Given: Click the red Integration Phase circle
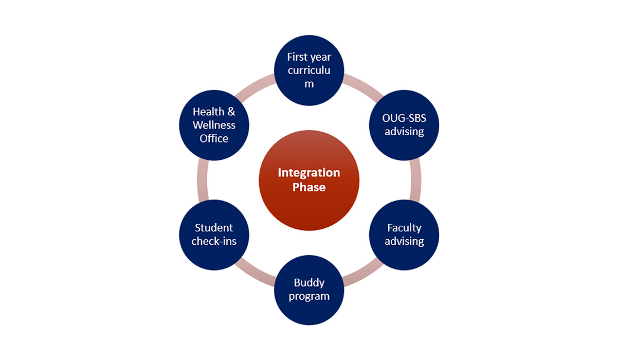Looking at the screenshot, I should (308, 181).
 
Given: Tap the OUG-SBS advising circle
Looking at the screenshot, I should (404, 125).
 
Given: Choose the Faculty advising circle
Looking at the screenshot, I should (404, 235).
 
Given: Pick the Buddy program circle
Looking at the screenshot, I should (308, 290).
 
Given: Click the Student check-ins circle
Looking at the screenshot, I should (214, 235).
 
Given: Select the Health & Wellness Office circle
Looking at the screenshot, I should (214, 125).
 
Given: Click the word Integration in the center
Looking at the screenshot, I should (308, 173).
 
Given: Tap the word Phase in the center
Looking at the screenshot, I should (308, 187).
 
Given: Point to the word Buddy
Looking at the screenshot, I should (309, 283).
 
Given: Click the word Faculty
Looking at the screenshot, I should (404, 228).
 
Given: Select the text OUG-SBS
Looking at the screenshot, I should (404, 118).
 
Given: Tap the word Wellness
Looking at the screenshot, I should (214, 125).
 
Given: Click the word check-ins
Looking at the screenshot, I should (214, 241).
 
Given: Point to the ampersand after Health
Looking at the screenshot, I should (231, 112).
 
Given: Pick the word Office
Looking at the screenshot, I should (214, 138).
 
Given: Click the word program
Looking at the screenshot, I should (308, 296).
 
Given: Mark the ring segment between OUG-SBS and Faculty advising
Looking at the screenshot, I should (416, 180).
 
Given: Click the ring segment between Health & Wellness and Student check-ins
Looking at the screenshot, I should (202, 180).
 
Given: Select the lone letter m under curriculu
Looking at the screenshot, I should (308, 84).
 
